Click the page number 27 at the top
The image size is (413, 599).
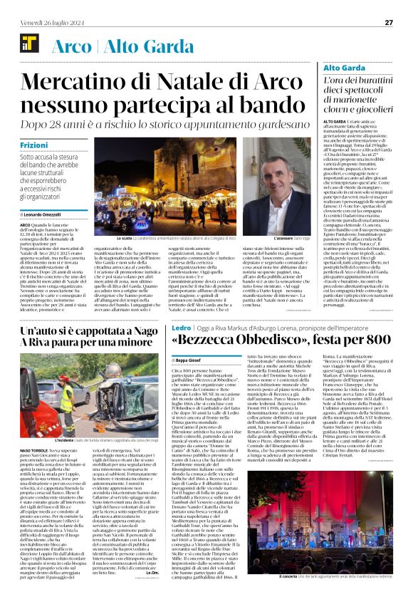[x=389, y=22]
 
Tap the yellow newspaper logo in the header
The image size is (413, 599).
[x=28, y=45]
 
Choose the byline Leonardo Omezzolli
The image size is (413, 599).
[x=43, y=215]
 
